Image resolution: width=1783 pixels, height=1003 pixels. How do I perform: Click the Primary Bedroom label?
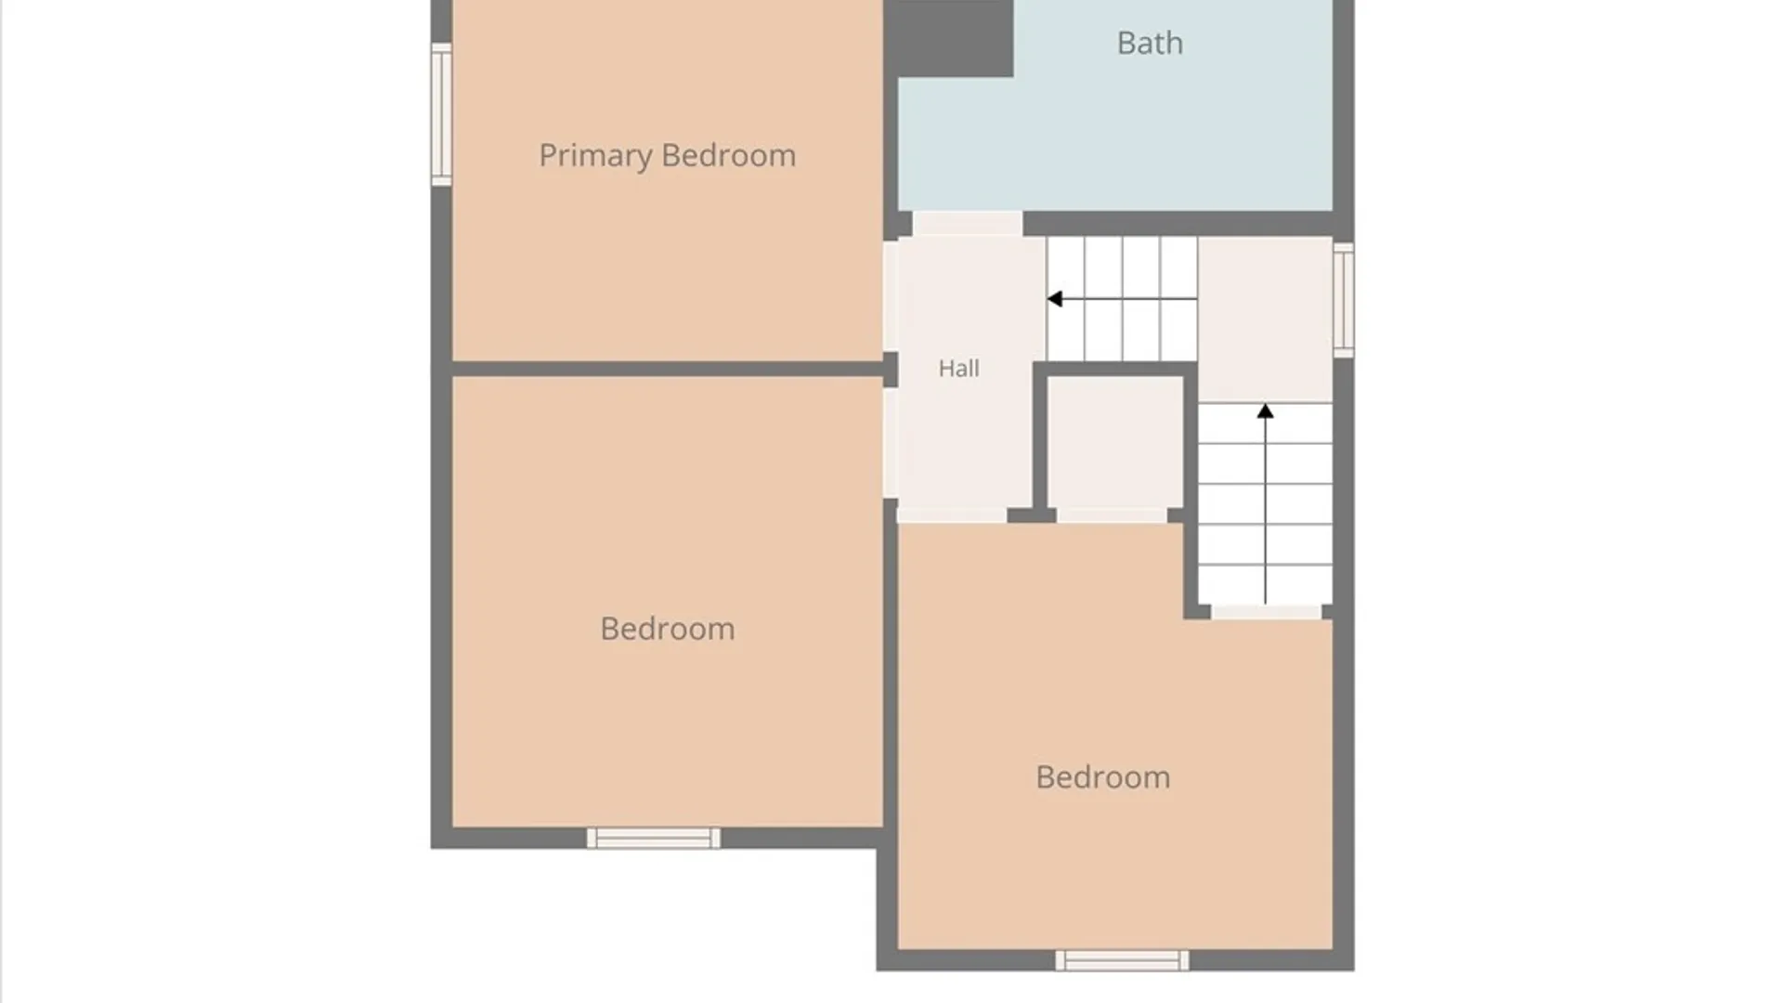pos(667,156)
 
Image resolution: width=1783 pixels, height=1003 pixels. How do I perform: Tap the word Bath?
pos(1150,43)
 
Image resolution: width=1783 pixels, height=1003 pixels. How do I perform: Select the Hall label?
pos(958,369)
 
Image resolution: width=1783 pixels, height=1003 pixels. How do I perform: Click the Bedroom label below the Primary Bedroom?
pos(667,629)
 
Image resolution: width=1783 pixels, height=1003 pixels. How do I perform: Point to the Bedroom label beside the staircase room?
pos(1102,777)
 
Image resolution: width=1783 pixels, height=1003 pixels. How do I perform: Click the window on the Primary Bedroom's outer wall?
pos(441,114)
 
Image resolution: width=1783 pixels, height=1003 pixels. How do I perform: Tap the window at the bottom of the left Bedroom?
pos(654,838)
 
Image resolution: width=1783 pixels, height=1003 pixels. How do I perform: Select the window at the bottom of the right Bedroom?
pos(1122,960)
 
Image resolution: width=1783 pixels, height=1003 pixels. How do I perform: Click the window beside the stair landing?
pos(1344,300)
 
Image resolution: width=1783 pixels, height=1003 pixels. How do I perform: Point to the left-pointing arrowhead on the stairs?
pos(1055,299)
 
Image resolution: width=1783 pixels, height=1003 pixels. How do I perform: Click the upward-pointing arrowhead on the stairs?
pos(1265,411)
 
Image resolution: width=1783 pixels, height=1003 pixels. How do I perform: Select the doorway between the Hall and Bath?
pos(968,224)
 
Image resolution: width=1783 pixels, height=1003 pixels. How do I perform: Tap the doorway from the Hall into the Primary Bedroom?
pos(891,296)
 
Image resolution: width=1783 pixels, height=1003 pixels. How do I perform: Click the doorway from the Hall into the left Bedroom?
pos(891,443)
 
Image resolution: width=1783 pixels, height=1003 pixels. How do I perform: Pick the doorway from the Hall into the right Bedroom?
pos(952,515)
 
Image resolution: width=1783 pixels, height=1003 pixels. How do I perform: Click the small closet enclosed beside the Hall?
pos(1114,442)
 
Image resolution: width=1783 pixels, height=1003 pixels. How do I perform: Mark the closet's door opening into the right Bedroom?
pos(1112,515)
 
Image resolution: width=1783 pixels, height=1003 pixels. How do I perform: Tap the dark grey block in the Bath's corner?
pos(948,38)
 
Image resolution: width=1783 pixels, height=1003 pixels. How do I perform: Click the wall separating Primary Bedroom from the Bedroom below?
pos(667,370)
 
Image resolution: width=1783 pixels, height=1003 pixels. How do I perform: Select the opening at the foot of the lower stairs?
pos(1266,612)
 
